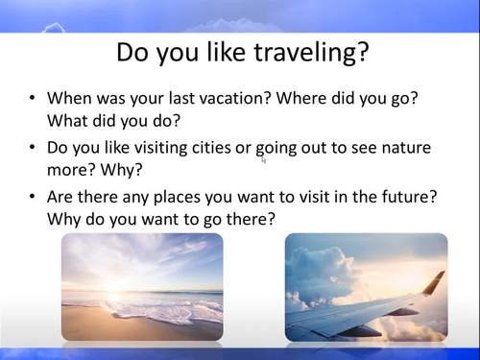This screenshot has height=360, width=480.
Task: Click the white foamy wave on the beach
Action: point(154,309)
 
